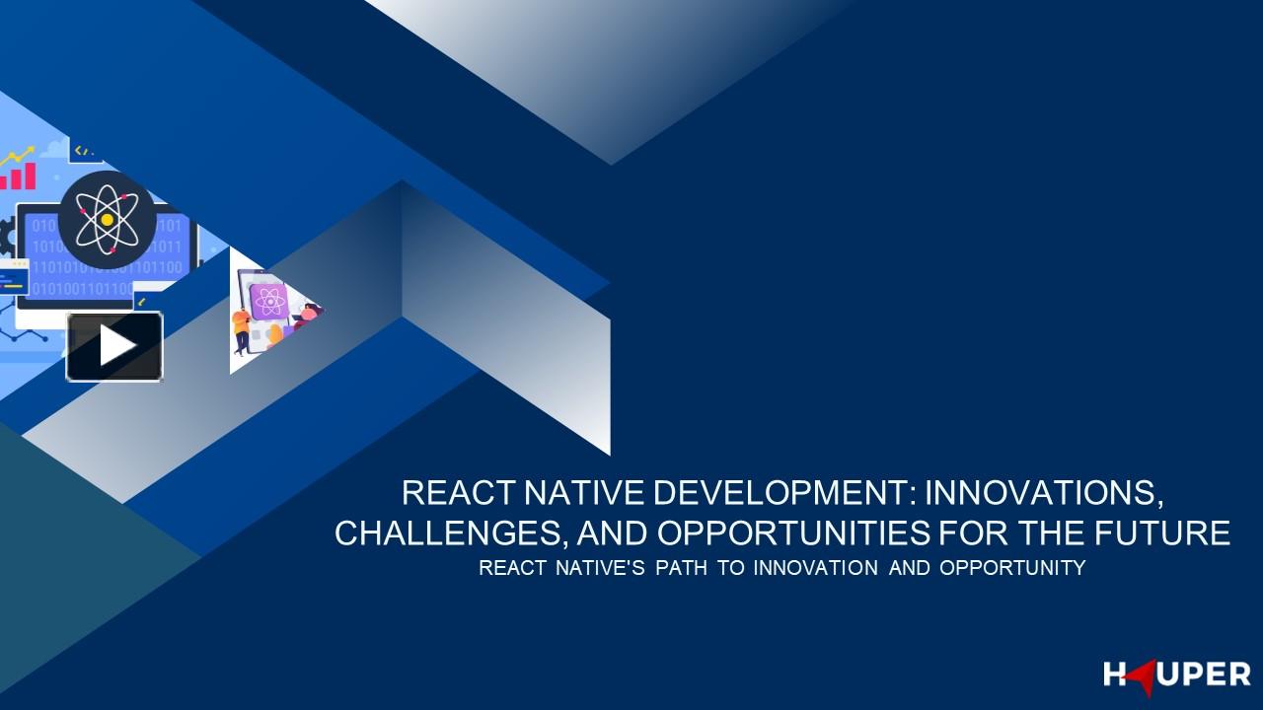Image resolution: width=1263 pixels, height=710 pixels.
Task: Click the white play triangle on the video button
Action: (116, 346)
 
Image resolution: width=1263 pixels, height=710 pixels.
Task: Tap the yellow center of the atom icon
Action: (107, 220)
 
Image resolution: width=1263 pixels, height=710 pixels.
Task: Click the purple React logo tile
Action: (268, 301)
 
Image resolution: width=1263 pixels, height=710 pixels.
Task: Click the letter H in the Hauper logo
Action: (1115, 675)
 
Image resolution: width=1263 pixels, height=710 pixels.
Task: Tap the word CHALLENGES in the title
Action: (449, 533)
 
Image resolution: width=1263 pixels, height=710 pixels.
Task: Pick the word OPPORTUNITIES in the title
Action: (793, 533)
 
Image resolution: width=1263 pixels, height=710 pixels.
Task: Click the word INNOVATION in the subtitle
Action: (815, 568)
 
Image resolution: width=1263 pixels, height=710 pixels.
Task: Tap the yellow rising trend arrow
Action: (17, 155)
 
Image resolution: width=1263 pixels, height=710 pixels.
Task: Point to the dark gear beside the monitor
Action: (7, 237)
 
